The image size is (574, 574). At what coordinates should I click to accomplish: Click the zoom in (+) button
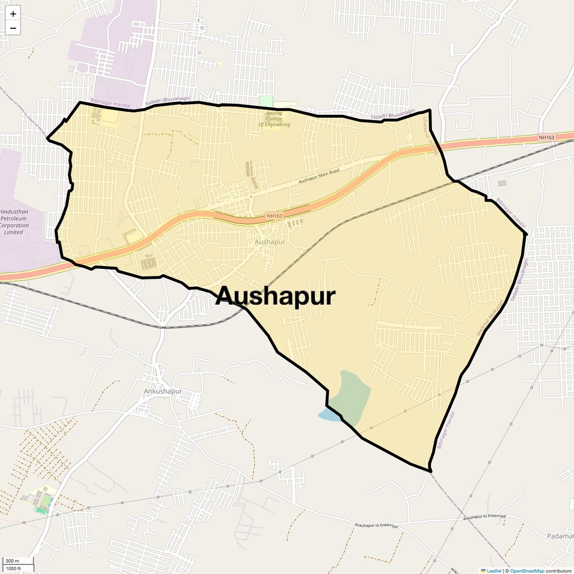(x=13, y=14)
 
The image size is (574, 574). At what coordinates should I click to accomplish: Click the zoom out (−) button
(x=13, y=28)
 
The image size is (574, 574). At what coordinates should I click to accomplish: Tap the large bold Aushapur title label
(x=275, y=296)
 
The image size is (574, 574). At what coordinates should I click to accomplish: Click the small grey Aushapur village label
(x=270, y=242)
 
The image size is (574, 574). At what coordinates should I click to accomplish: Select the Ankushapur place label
(x=163, y=391)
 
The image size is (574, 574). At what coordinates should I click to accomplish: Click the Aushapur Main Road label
(x=319, y=176)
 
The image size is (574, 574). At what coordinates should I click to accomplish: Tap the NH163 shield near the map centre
(x=275, y=216)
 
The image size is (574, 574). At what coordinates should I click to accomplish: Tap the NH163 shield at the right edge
(x=546, y=137)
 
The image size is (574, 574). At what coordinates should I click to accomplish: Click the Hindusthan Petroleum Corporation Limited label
(x=14, y=222)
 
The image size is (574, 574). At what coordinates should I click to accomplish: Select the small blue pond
(x=329, y=414)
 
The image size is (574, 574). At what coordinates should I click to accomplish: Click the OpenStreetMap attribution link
(x=527, y=570)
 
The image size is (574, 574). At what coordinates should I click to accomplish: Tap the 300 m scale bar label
(x=13, y=561)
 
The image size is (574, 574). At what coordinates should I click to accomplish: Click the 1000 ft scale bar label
(x=14, y=568)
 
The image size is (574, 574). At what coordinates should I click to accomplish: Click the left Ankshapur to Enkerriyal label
(x=376, y=526)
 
